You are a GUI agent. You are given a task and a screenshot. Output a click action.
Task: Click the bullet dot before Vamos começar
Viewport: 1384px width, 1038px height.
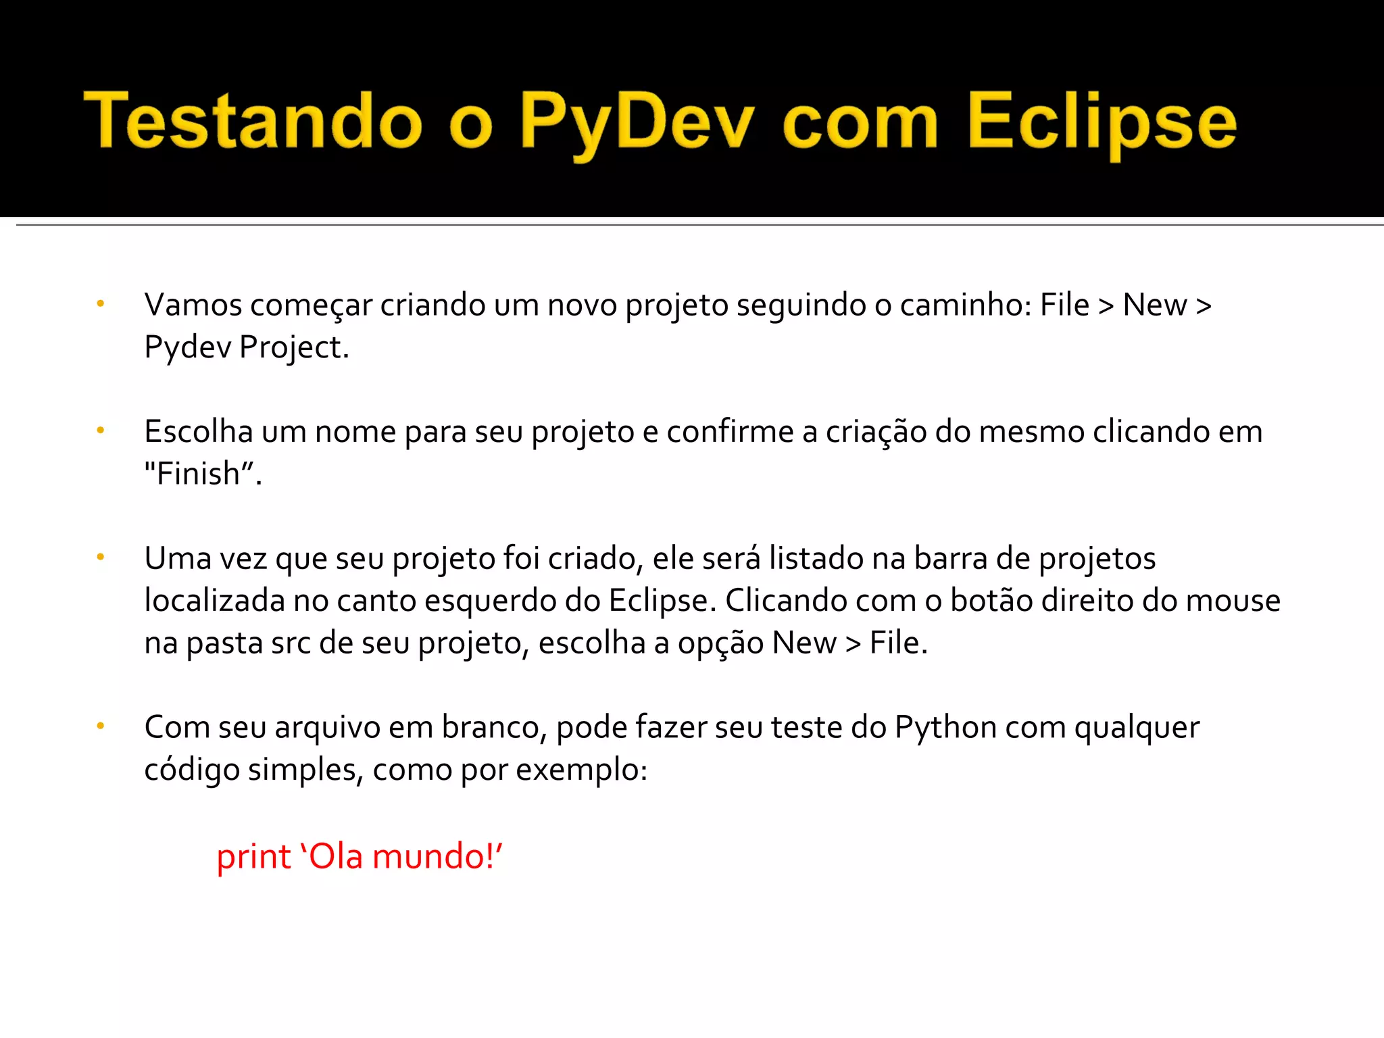pyautogui.click(x=100, y=303)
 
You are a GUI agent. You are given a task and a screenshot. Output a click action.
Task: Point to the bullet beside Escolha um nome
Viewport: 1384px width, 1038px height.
pyautogui.click(x=100, y=430)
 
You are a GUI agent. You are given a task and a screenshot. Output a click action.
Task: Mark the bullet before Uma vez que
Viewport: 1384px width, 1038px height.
pyautogui.click(x=100, y=557)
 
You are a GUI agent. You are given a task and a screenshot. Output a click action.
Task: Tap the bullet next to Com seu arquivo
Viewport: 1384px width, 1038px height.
pyautogui.click(x=100, y=726)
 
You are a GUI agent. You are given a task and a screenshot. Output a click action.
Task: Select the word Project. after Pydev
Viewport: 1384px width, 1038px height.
pyautogui.click(x=294, y=347)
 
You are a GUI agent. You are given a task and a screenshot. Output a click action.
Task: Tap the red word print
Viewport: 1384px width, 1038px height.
pyautogui.click(x=253, y=857)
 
